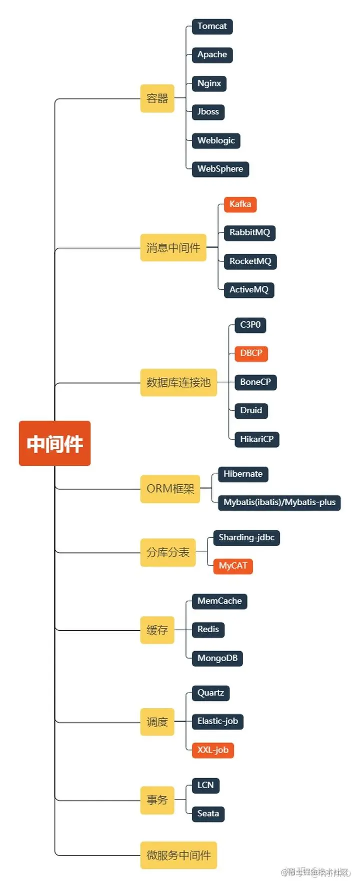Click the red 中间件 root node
pyautogui.click(x=54, y=443)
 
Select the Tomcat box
pyautogui.click(x=212, y=26)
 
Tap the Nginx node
pyautogui.click(x=209, y=83)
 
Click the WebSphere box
pyautogui.click(x=220, y=169)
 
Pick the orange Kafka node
pyautogui.click(x=240, y=204)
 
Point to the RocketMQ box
pyautogui.click(x=250, y=261)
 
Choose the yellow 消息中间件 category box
pyautogui.click(x=173, y=247)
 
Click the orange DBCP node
pyautogui.click(x=251, y=353)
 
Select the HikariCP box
pyautogui.click(x=256, y=439)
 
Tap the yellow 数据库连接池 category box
pyautogui.click(x=178, y=383)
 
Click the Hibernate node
pyautogui.click(x=243, y=474)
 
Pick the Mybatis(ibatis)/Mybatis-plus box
pyautogui.click(x=279, y=502)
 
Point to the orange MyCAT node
pyautogui.click(x=233, y=566)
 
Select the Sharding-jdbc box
pyautogui.click(x=246, y=538)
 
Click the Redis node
pyautogui.click(x=208, y=630)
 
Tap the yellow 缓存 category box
pyautogui.click(x=157, y=630)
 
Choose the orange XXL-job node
pyautogui.click(x=213, y=750)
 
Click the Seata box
pyautogui.click(x=208, y=814)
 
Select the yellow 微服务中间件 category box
pyautogui.click(x=178, y=855)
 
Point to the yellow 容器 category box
pyautogui.click(x=157, y=98)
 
